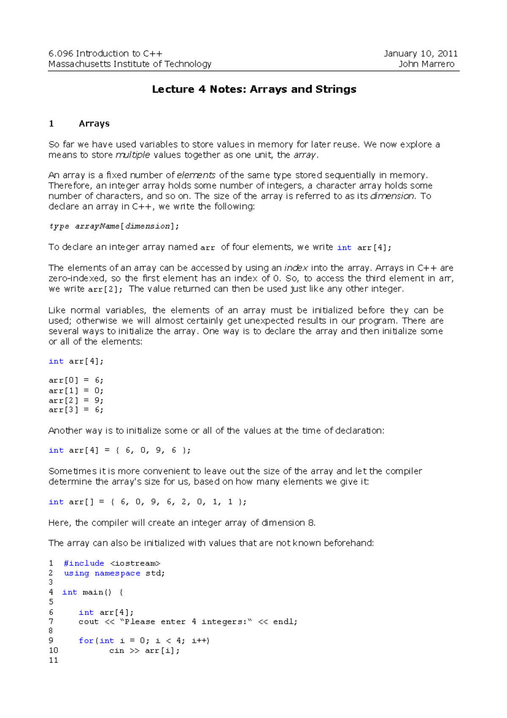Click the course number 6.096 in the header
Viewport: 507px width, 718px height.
click(x=61, y=54)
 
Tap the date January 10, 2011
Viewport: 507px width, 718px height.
click(x=420, y=54)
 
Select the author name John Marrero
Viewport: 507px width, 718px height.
click(x=426, y=64)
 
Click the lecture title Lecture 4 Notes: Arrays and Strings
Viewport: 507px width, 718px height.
click(x=254, y=89)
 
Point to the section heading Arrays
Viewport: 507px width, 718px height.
click(x=94, y=124)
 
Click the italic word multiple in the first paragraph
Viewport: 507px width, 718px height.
click(x=133, y=155)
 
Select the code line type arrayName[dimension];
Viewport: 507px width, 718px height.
click(x=114, y=226)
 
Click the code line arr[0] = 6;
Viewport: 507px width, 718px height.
click(x=76, y=381)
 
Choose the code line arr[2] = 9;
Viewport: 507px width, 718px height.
click(x=76, y=400)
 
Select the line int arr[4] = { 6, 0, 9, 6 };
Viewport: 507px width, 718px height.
click(x=120, y=451)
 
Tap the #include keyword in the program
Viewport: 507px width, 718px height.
click(x=84, y=564)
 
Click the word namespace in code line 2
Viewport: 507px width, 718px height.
click(x=117, y=574)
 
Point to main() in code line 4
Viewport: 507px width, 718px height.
click(x=97, y=592)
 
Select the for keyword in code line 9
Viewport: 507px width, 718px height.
click(x=86, y=641)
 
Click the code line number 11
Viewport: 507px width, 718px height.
click(x=53, y=660)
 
